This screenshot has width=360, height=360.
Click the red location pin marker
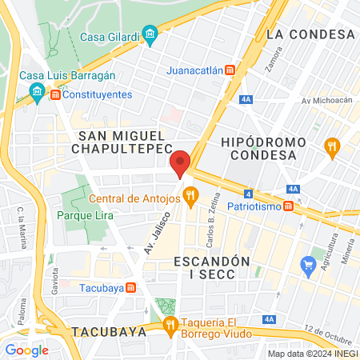point(181,162)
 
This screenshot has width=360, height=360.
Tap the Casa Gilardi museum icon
point(149,34)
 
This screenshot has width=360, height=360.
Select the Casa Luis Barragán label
point(68,75)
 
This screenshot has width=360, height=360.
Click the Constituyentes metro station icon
point(55,94)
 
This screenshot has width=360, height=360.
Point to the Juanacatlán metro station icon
point(230,70)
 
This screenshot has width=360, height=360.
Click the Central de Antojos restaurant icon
point(190,194)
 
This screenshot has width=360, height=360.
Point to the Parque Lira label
point(85,215)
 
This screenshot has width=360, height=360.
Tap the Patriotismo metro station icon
point(288,205)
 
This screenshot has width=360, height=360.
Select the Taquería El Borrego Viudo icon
point(169,324)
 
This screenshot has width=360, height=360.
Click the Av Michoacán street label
point(326,101)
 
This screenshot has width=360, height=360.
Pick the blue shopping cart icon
point(308,265)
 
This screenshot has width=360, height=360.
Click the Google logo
point(27,350)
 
